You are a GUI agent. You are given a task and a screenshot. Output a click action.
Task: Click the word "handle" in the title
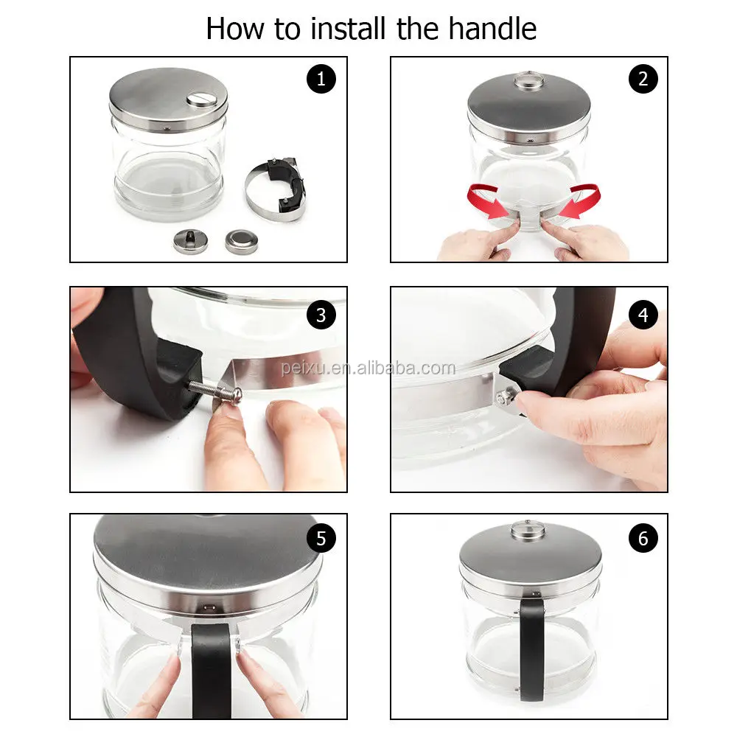tap(492, 29)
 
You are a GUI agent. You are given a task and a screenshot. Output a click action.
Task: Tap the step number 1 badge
tap(321, 79)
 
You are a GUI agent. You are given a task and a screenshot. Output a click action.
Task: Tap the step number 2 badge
tap(643, 79)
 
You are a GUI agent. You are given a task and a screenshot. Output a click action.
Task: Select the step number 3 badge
tap(321, 315)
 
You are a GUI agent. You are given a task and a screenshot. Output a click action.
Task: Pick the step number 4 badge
tap(643, 315)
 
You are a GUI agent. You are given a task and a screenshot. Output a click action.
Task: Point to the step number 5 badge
tap(321, 538)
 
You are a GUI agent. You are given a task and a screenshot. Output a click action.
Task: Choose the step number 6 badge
tap(643, 538)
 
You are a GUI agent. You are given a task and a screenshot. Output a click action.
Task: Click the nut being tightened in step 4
tap(504, 398)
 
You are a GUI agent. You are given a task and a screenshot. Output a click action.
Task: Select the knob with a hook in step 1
tap(190, 241)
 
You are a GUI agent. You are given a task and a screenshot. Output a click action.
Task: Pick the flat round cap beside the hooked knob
tap(241, 241)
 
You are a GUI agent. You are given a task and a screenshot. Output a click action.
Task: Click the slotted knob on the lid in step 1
tap(200, 99)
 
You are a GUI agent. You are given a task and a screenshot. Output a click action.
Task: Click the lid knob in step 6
tap(528, 529)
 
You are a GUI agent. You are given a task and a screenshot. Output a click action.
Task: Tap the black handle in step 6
tap(531, 649)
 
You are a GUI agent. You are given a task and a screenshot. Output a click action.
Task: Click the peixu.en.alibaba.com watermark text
tap(368, 368)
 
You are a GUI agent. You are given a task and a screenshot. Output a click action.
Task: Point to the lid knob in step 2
tap(529, 80)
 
